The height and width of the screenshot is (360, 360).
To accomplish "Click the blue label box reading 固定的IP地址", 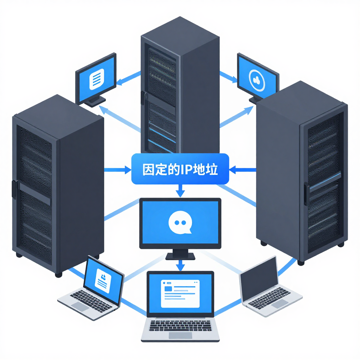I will click(180, 169).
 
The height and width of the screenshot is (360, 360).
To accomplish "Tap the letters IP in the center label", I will click(185, 169).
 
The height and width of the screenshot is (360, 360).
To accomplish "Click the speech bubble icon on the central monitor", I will click(180, 223).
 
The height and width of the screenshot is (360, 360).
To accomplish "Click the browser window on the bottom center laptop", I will click(180, 293).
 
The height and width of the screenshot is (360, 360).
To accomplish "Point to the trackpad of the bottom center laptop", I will click(180, 335).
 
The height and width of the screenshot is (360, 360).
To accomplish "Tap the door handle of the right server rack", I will click(307, 194).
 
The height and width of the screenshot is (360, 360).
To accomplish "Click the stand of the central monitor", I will click(180, 254).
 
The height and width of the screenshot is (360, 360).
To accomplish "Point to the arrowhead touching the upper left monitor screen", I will click(120, 82).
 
